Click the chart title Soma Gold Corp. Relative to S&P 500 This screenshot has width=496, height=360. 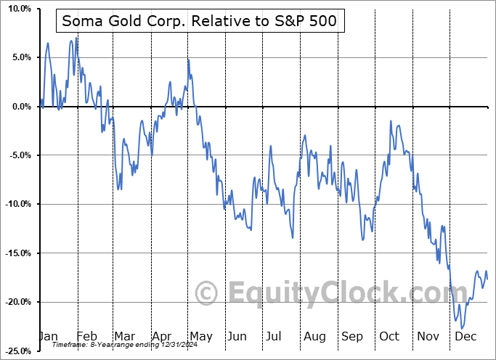pyautogui.click(x=200, y=21)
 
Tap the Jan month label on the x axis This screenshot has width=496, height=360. pyautogui.click(x=48, y=336)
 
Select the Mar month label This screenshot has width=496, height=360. pyautogui.click(x=123, y=336)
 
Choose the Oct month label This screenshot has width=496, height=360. pyautogui.click(x=389, y=336)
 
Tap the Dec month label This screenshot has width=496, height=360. pyautogui.click(x=465, y=336)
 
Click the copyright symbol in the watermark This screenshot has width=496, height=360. pyautogui.click(x=208, y=293)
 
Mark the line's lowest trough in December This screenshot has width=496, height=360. pyautogui.click(x=463, y=329)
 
